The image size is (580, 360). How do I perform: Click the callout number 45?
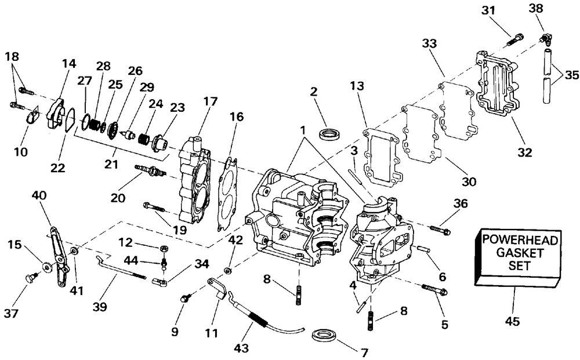[x=512, y=321]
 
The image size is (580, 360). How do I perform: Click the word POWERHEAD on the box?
[x=520, y=240]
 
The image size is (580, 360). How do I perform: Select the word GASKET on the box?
[x=520, y=253]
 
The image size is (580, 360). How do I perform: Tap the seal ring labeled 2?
[x=329, y=133]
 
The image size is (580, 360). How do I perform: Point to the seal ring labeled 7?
[x=325, y=336]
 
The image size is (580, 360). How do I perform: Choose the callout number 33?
[x=429, y=43]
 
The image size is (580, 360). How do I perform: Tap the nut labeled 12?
[x=165, y=248]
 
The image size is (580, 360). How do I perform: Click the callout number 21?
[x=111, y=164]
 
